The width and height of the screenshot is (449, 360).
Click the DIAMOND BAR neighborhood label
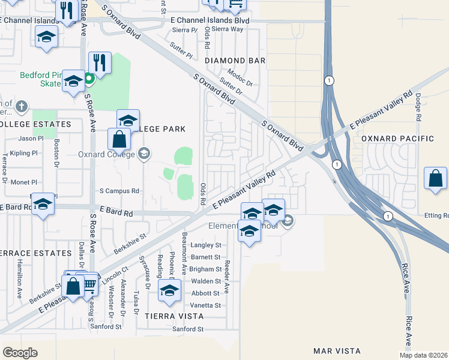point(235,61)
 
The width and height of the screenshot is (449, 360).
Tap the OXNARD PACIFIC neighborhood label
point(397,139)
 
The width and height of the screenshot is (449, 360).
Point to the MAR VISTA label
point(337,350)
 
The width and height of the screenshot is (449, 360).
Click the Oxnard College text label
point(107,154)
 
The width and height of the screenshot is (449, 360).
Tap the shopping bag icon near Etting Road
point(435,179)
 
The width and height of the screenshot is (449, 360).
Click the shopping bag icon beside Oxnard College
point(119,139)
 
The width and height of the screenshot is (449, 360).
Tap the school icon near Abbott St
point(169,291)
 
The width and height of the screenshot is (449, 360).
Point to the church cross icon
point(22,107)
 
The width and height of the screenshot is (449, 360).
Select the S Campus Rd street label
point(119,191)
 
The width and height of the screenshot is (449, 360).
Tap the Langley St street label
point(206,245)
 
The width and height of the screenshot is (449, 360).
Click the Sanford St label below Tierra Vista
point(188,329)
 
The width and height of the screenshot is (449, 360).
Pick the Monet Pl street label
point(24,182)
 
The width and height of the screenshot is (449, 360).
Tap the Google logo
point(20,352)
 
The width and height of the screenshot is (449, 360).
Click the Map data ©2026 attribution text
point(423,355)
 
